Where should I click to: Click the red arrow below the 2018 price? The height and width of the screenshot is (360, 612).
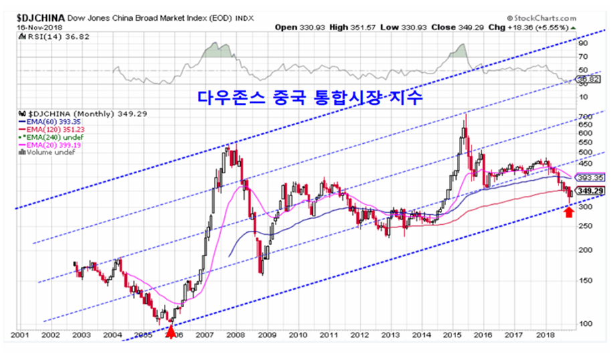click(x=569, y=212)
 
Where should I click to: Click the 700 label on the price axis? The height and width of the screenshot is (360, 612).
click(x=585, y=117)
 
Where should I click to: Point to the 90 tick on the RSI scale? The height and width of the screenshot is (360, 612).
click(x=583, y=42)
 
